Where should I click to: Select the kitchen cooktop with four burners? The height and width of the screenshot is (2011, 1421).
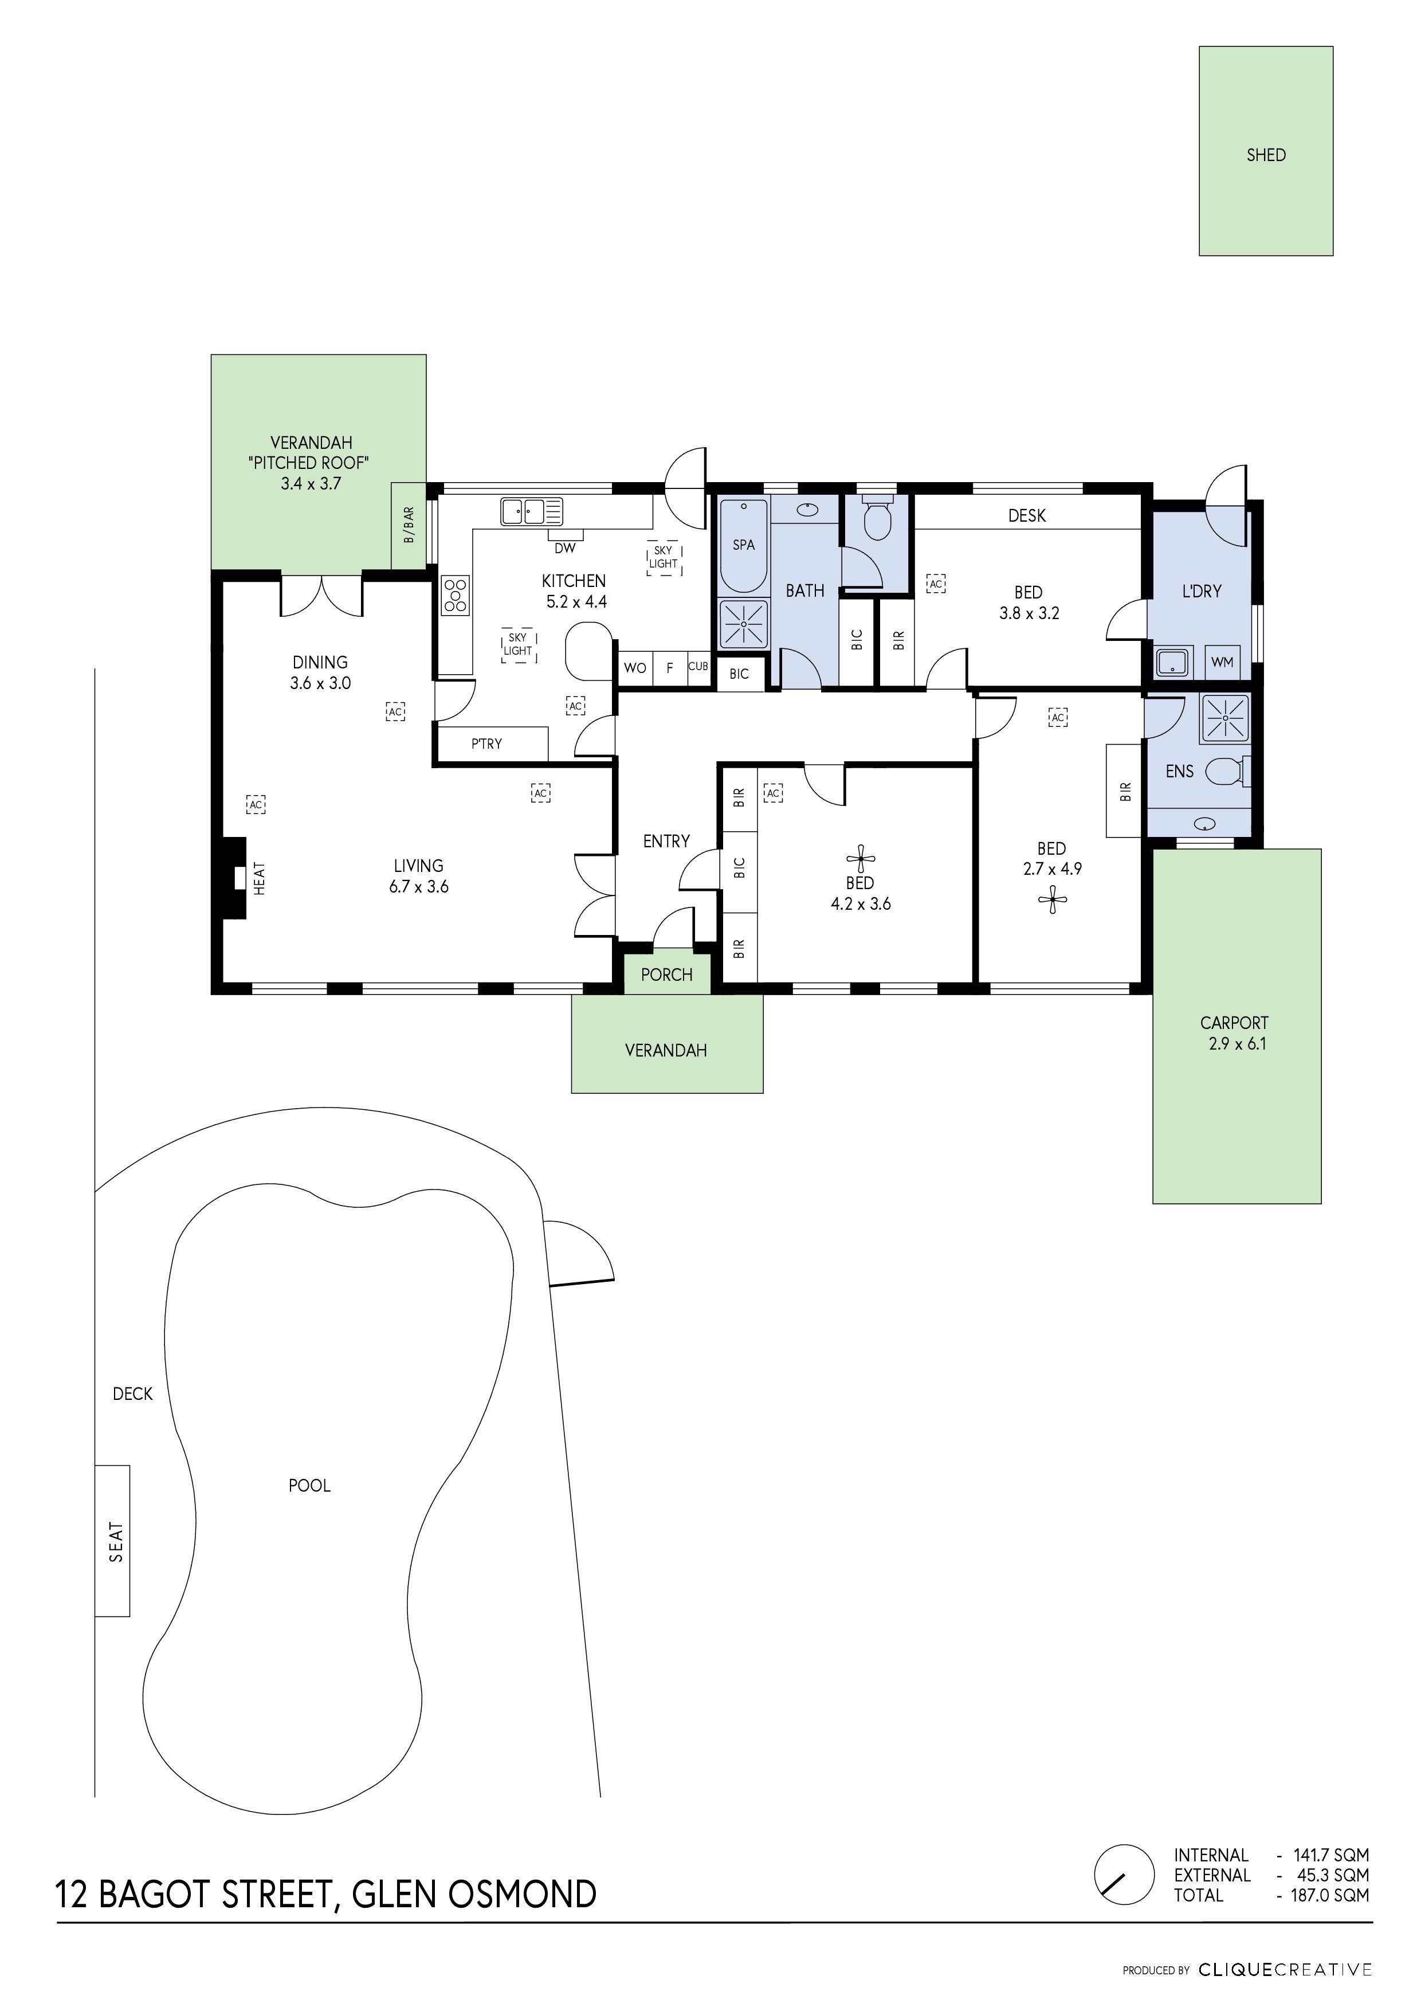click(456, 594)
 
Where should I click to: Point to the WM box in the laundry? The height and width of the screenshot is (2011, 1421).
click(1222, 662)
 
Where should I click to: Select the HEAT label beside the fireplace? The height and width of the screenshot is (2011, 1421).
click(259, 878)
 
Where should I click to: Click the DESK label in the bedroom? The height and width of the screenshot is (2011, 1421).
click(1026, 516)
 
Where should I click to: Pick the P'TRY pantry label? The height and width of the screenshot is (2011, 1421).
click(487, 744)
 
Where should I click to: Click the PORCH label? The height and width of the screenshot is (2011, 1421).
click(666, 975)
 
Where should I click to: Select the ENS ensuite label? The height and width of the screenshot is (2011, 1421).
click(1179, 771)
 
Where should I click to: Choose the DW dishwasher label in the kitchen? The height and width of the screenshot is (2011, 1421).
click(565, 548)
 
